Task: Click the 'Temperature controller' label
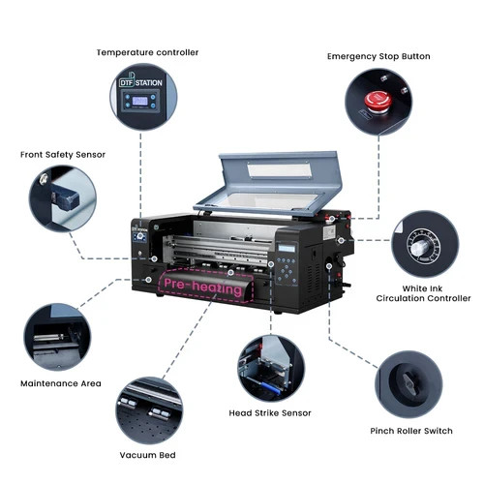[x=146, y=51]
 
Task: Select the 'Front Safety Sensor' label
[x=63, y=154]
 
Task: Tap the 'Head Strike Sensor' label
[x=270, y=412]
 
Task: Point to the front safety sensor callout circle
[x=60, y=197]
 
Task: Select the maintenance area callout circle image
[x=56, y=336]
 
